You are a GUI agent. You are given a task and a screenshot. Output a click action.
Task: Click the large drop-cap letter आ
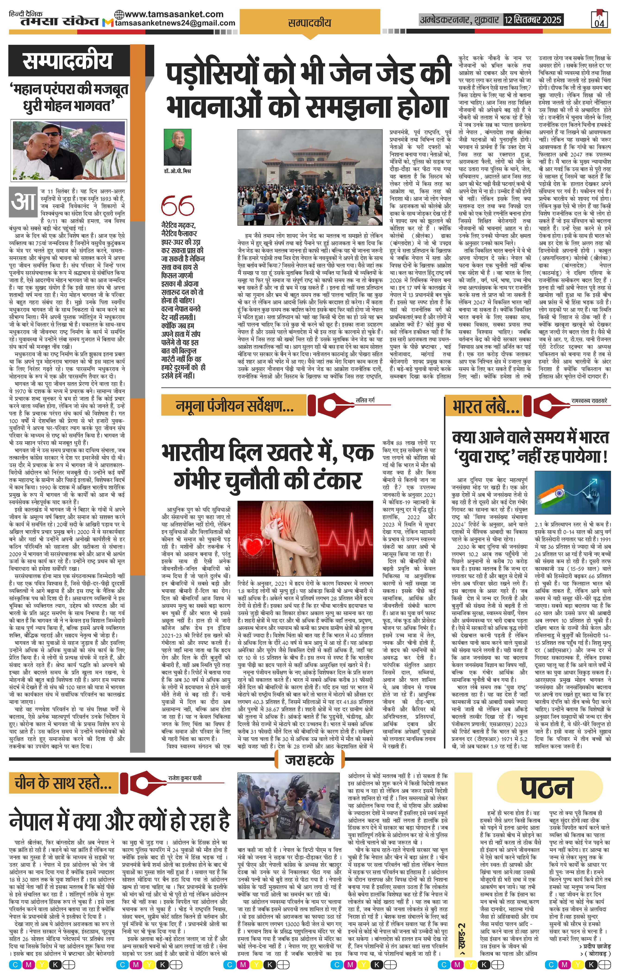pyautogui.click(x=24, y=201)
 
